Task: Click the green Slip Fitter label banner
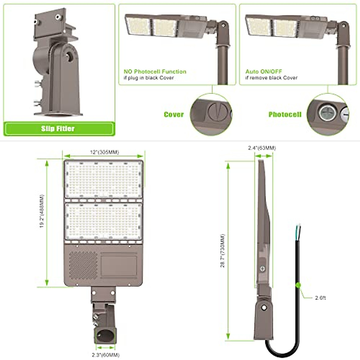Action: click(59, 129)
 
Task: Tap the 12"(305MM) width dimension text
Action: click(104, 152)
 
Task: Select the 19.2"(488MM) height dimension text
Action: click(42, 211)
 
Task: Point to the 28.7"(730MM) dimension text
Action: click(222, 250)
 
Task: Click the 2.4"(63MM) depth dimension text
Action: click(262, 148)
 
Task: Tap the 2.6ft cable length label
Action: click(320, 298)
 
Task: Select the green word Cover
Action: click(174, 115)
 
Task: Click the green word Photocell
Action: click(285, 115)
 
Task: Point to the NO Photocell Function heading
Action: click(155, 72)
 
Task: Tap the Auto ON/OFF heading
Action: click(264, 72)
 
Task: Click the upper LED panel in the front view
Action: click(103, 179)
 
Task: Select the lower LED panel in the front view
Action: click(103, 222)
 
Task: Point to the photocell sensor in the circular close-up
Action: click(326, 113)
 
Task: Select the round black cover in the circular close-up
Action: click(217, 112)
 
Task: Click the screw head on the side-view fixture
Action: click(263, 269)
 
